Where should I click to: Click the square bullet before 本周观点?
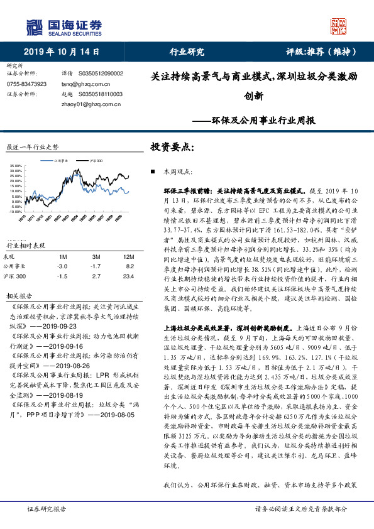[153, 172]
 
